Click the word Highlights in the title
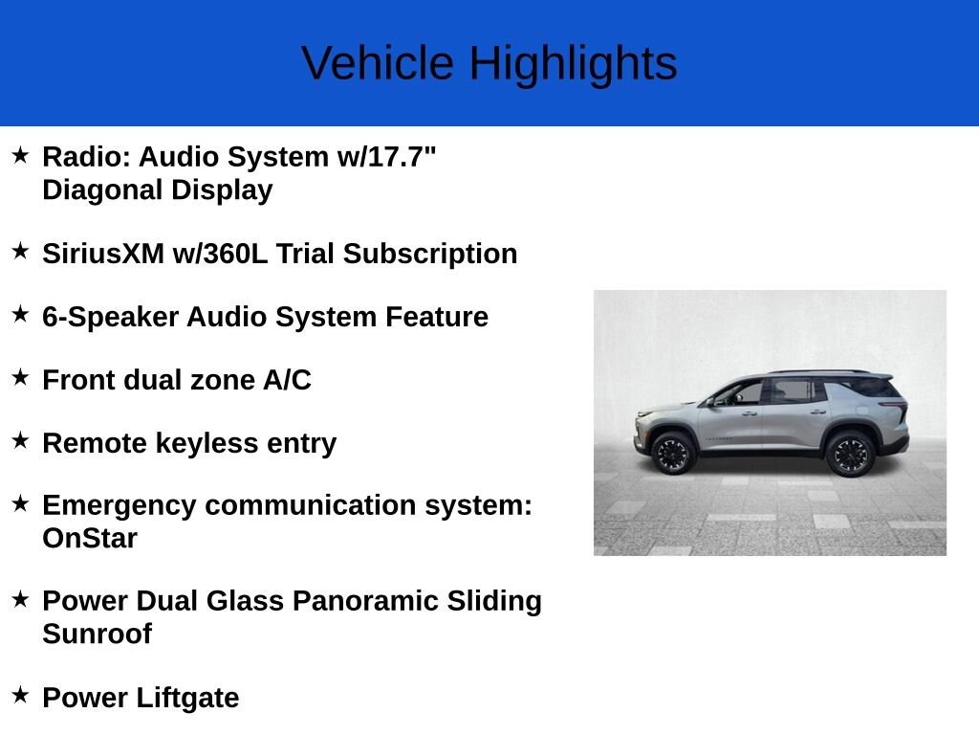tap(573, 64)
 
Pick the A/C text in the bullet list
tap(287, 380)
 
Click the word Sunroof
tap(97, 634)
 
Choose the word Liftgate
tap(188, 698)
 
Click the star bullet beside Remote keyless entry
tap(21, 440)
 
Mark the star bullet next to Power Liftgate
tap(21, 695)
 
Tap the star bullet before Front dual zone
tap(21, 377)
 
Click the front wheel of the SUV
tap(674, 453)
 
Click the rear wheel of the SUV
tap(849, 453)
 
